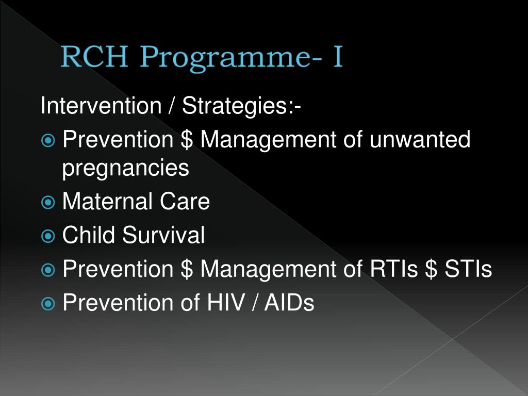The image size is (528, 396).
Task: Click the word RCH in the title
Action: click(94, 58)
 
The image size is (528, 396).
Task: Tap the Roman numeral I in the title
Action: click(337, 58)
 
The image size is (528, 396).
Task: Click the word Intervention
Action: click(101, 106)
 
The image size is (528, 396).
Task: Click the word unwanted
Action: click(419, 140)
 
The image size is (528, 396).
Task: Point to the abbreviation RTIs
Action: click(393, 269)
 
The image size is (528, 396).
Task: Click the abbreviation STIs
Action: click(468, 269)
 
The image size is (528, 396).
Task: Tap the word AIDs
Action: click(289, 303)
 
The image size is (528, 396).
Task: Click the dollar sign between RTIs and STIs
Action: click(431, 269)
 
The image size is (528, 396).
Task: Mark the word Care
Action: click(185, 201)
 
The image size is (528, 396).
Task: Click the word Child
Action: click(89, 235)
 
